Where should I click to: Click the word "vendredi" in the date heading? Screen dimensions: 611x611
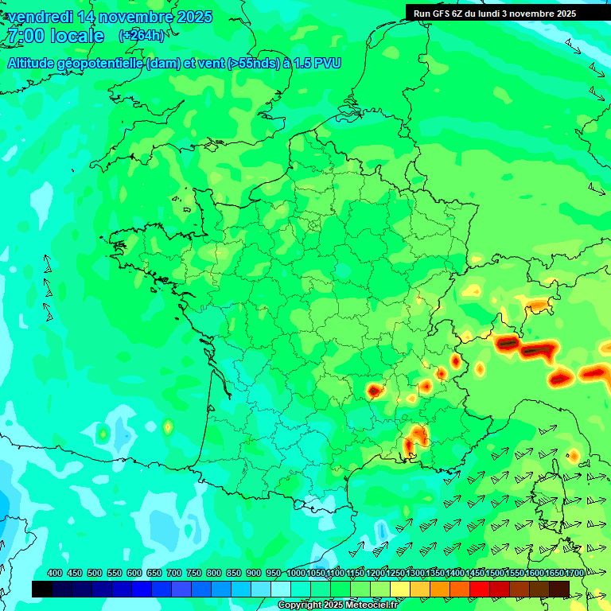tap(38, 17)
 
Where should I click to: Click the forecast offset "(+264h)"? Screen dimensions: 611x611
tap(142, 35)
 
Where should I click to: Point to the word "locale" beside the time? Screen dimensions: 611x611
tap(77, 36)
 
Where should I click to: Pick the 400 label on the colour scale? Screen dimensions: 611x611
tap(55, 574)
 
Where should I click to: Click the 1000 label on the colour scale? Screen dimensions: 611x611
tap(296, 574)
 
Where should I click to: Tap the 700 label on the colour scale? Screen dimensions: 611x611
tap(174, 574)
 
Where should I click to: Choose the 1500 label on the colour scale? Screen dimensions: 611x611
tap(494, 574)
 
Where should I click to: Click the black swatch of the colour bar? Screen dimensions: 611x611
tap(42, 589)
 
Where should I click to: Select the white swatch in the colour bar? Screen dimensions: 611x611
tap(281, 589)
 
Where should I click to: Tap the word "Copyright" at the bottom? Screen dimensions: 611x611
tap(299, 605)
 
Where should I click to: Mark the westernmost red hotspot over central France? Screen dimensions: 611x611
tap(375, 391)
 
